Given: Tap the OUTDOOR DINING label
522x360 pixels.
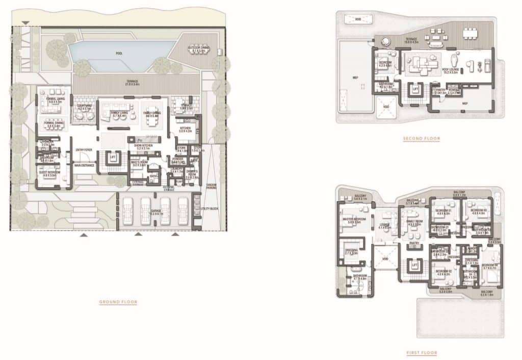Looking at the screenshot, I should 197,48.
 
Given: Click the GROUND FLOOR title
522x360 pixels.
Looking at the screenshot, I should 118,302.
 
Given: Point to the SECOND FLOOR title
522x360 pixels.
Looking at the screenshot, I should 422,139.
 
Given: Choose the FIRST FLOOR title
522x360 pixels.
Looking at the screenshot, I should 422,353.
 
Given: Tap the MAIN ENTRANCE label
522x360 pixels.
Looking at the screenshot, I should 84,165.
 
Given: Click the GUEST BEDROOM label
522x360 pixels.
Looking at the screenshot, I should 50,173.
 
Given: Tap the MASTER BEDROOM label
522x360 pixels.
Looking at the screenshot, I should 352,220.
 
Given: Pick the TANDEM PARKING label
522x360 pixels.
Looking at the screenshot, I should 211,186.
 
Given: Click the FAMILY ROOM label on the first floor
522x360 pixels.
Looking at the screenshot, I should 414,222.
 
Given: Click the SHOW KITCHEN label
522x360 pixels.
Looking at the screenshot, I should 144,146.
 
